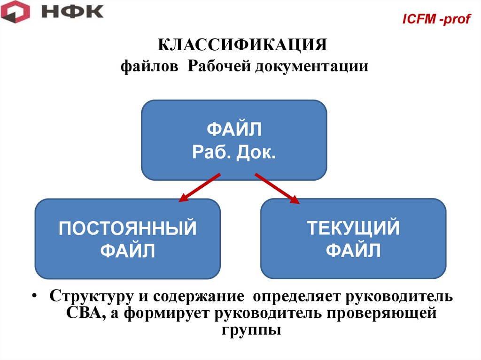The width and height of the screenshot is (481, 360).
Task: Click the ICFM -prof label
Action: point(437,20)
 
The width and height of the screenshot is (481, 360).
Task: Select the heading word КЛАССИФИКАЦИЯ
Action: point(241,46)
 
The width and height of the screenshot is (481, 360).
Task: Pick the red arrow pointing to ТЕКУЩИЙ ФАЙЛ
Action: point(277,189)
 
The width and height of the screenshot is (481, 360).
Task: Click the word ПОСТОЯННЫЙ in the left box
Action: point(128,229)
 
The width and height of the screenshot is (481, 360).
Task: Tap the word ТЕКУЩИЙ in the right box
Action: point(353,229)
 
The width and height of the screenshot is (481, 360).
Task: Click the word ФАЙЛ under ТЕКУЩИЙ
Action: point(353,251)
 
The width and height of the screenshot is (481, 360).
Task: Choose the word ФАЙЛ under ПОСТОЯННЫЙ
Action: point(128,251)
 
